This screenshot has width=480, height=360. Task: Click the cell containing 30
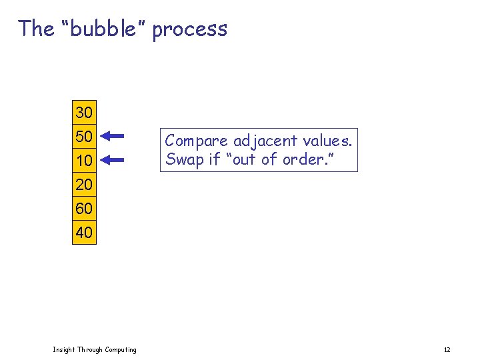[84, 111]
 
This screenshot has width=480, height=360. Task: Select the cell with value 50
[84, 136]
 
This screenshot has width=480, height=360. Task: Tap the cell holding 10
[84, 161]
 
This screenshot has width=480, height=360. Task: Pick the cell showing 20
[84, 185]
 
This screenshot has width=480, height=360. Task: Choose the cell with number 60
[84, 209]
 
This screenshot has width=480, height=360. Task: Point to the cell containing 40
[84, 233]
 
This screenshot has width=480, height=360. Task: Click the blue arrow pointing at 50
[113, 136]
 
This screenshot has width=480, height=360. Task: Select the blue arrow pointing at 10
[113, 160]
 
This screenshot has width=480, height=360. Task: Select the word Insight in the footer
[63, 350]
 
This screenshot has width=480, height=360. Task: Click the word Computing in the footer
[120, 350]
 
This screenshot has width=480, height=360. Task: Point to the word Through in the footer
[89, 350]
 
